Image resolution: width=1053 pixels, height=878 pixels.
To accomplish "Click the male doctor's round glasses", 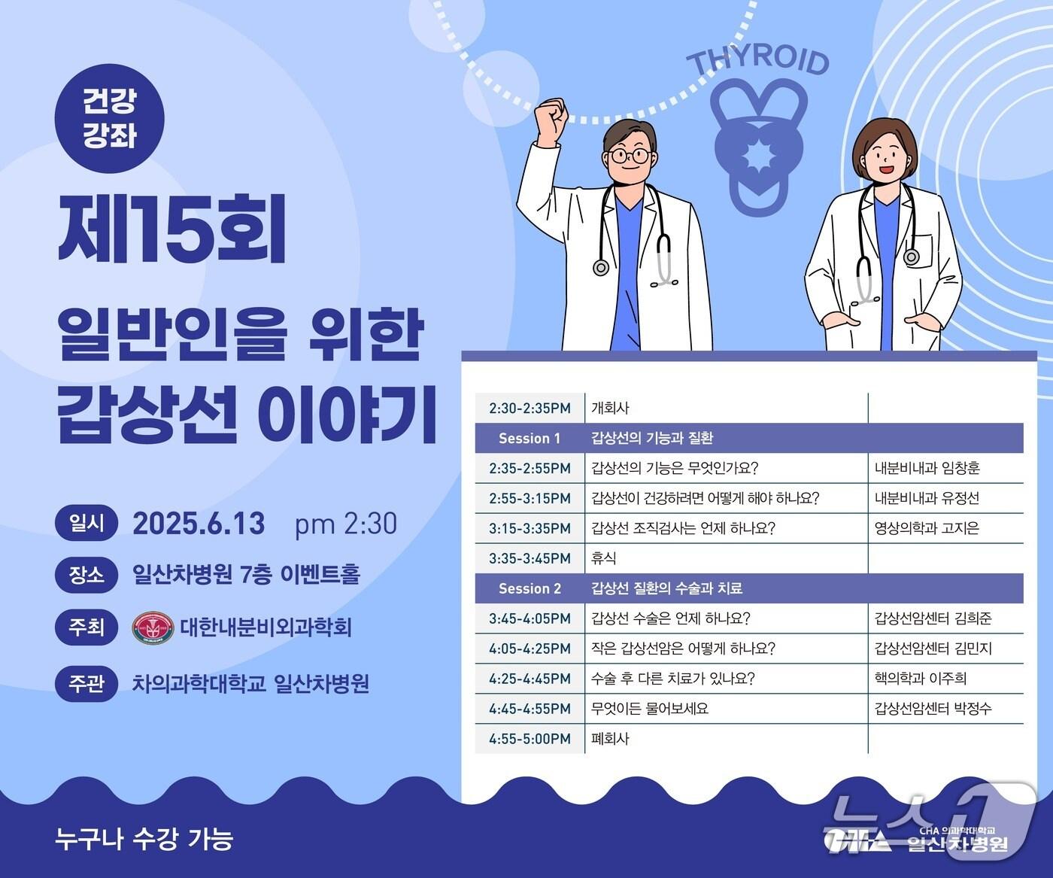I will pyautogui.click(x=630, y=156).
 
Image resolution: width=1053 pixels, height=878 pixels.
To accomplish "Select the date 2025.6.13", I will pyautogui.click(x=199, y=524).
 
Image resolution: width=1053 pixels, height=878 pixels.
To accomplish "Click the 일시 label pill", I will pyautogui.click(x=86, y=524).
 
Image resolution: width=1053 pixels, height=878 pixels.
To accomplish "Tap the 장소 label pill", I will pyautogui.click(x=86, y=575).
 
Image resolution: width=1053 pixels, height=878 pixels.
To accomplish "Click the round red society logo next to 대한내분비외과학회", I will pyautogui.click(x=153, y=627).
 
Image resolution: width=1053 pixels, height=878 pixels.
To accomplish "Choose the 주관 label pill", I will pyautogui.click(x=86, y=684).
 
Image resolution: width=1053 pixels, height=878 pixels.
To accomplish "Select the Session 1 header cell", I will pyautogui.click(x=530, y=438).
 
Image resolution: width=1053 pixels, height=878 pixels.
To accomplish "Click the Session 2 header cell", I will pyautogui.click(x=530, y=588).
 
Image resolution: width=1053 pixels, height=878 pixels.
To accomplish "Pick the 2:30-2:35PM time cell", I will pyautogui.click(x=530, y=408).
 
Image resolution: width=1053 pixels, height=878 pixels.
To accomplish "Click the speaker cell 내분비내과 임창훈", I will pyautogui.click(x=927, y=468).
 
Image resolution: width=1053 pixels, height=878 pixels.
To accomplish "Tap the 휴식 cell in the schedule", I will pyautogui.click(x=604, y=558).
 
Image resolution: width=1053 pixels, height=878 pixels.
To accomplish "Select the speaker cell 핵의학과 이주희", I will pyautogui.click(x=921, y=679).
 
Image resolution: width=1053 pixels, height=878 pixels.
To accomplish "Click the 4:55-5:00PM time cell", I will pyautogui.click(x=530, y=739).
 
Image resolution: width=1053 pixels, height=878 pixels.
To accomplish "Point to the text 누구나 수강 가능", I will pyautogui.click(x=144, y=838).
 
